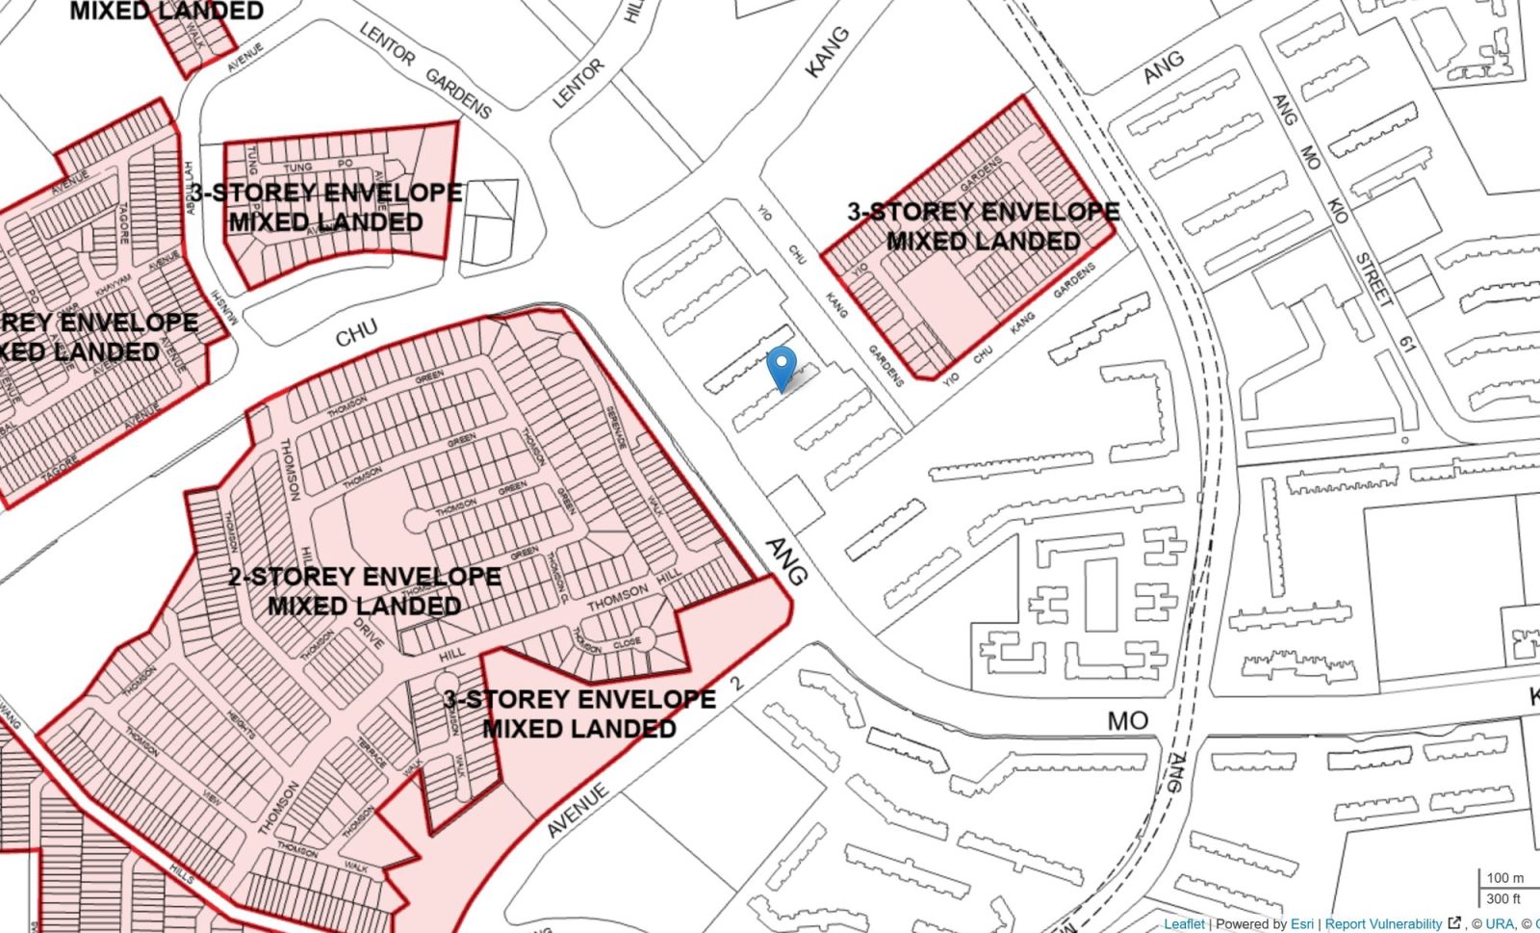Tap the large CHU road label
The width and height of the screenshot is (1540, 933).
[x=356, y=333]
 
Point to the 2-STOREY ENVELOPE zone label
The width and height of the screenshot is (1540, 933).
[x=365, y=577]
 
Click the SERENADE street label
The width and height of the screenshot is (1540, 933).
[x=616, y=428]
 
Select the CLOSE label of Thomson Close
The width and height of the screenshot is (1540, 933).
[x=627, y=642]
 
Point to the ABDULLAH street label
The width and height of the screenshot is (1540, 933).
[x=190, y=188]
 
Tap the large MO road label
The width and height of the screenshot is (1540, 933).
[x=1127, y=720]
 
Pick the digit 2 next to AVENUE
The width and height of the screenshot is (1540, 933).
[x=738, y=684]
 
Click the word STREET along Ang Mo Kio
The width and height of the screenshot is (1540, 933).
[x=1373, y=279]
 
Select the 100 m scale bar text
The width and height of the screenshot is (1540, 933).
[x=1504, y=877]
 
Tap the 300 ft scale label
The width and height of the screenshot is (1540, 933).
[x=1502, y=898]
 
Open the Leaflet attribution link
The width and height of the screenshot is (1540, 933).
[x=1183, y=923]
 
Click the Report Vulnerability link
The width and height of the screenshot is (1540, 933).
[x=1383, y=923]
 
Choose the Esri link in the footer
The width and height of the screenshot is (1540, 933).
[x=1301, y=923]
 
